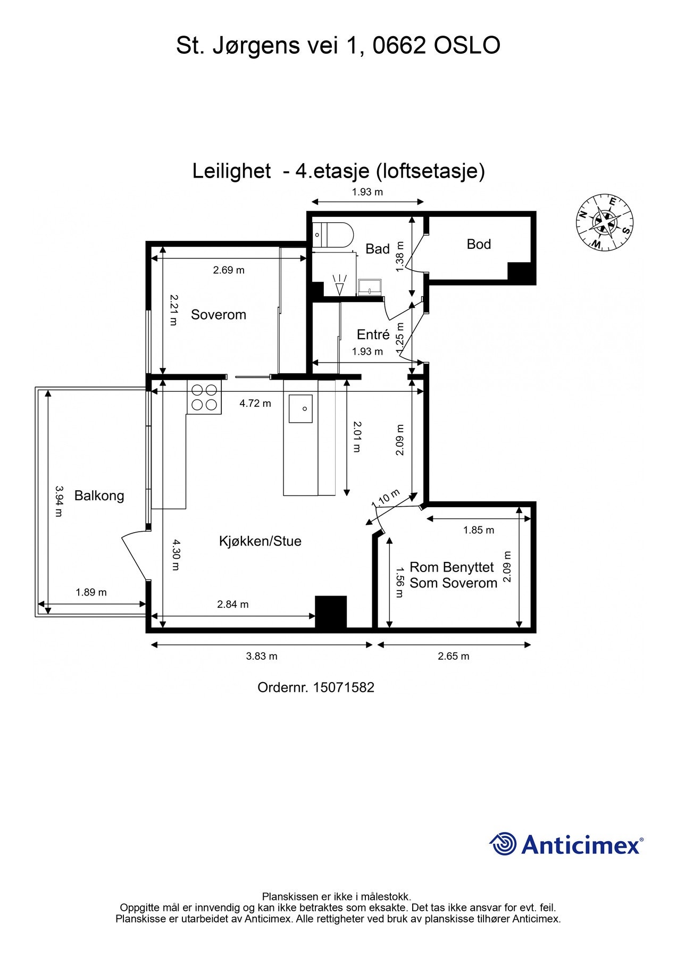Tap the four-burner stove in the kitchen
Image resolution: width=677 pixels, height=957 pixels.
[x=204, y=397]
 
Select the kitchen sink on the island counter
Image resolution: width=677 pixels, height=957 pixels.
[x=301, y=408]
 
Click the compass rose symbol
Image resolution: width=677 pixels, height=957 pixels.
[x=604, y=222]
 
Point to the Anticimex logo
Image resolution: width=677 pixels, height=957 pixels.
[x=566, y=844]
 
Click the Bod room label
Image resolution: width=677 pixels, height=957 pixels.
[x=479, y=244]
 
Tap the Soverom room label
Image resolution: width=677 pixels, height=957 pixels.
[x=219, y=315]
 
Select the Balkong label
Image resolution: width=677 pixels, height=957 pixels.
[x=99, y=496]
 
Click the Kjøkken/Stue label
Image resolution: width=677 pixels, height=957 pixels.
[x=260, y=541]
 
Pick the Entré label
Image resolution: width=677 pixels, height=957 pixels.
[x=373, y=334]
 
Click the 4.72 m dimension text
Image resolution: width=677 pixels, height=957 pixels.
[x=255, y=404]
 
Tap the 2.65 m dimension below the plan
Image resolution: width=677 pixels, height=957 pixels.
[x=453, y=656]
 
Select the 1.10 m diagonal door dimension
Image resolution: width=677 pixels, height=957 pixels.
[x=386, y=498]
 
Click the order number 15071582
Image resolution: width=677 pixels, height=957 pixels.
[x=344, y=687]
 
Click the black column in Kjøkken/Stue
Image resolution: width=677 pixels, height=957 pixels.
[x=331, y=612]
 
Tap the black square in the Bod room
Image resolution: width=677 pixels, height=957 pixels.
[x=520, y=272]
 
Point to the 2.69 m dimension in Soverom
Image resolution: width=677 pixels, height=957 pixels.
[x=229, y=270]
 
